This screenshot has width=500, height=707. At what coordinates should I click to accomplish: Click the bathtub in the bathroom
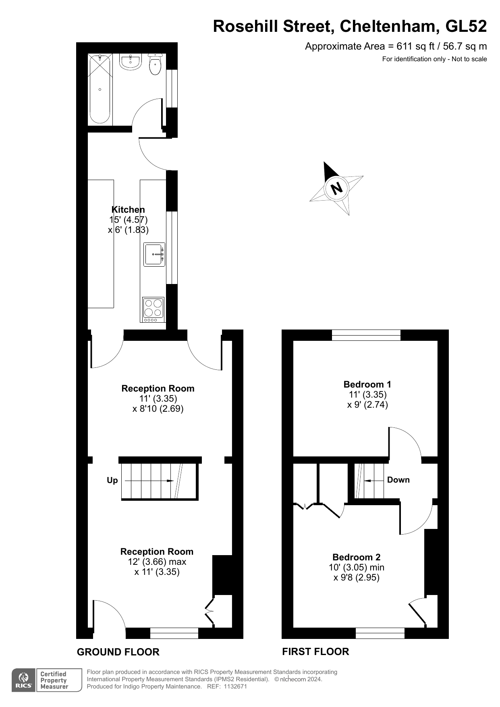[100, 89]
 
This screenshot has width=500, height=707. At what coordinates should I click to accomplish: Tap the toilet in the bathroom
[155, 65]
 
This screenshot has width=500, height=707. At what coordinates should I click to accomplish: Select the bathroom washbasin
[130, 62]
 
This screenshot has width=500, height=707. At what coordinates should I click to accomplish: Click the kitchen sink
[155, 255]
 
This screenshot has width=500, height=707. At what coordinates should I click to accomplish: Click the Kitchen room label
[128, 209]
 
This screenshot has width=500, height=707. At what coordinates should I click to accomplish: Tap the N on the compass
[336, 188]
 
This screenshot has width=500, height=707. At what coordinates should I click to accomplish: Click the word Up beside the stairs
[112, 480]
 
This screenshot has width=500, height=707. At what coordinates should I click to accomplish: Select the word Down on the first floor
[398, 480]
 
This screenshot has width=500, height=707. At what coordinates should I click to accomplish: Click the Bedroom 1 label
[367, 384]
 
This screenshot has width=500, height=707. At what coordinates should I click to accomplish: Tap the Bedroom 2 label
[356, 557]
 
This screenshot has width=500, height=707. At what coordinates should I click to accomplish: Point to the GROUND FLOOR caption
[118, 652]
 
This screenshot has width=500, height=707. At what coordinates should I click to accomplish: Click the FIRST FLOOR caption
[315, 651]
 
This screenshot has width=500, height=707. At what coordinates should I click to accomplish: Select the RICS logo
[24, 680]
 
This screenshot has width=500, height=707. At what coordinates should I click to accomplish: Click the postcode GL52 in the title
[466, 27]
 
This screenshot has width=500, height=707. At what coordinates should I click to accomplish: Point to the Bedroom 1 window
[366, 335]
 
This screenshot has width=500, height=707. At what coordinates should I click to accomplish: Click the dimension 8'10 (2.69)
[158, 408]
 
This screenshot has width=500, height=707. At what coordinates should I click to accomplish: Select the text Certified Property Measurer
[54, 680]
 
